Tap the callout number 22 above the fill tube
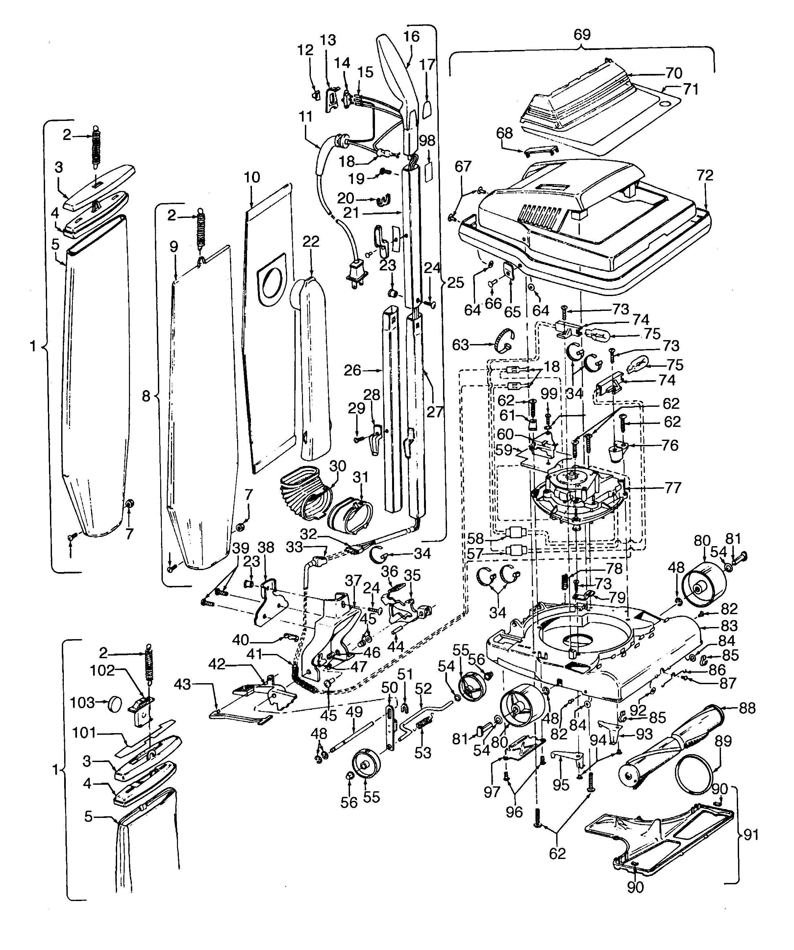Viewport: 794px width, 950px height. [311, 241]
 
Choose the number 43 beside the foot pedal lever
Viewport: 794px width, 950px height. [183, 685]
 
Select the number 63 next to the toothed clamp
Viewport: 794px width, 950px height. [460, 345]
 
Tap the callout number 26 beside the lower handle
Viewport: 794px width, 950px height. [352, 370]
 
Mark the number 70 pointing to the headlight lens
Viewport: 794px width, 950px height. [674, 73]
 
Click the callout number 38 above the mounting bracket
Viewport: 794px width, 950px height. [266, 547]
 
